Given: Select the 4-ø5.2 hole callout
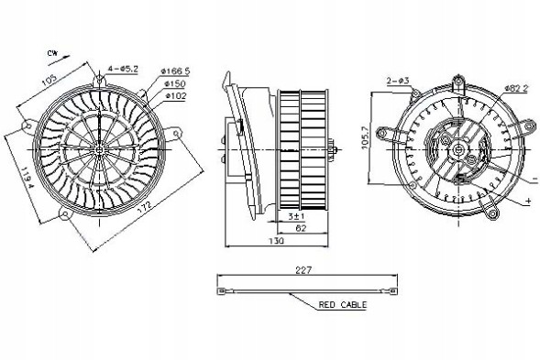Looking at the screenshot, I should pyautogui.click(x=122, y=69).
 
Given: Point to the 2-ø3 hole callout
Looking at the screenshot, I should pyautogui.click(x=397, y=82).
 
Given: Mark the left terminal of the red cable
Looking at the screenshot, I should pyautogui.click(x=221, y=291).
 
